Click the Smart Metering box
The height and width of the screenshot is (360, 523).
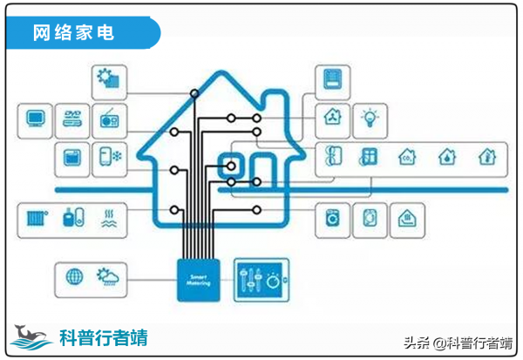coord(200,280)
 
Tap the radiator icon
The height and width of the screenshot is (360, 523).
coord(36,217)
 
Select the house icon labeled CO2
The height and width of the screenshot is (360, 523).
coord(407,158)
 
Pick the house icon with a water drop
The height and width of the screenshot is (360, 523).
coord(446,158)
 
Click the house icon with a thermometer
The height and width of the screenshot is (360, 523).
coord(486,158)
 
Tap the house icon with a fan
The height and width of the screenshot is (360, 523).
coord(333,116)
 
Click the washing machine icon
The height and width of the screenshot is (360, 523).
coord(333,217)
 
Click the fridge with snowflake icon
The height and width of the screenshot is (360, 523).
coord(110,158)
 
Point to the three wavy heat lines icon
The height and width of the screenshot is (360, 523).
coord(110,217)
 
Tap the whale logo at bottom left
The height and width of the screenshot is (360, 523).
coord(31,336)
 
